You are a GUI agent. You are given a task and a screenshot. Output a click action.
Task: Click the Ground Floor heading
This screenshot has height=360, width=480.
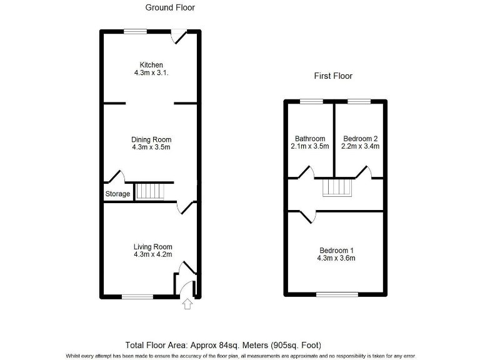pos(170,7)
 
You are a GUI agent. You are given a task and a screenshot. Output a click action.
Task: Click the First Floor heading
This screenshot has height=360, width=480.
pos(332,76)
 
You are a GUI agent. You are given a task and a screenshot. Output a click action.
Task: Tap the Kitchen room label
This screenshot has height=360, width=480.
pos(151,65)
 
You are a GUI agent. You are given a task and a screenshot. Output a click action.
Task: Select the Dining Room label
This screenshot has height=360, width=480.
pos(151,139)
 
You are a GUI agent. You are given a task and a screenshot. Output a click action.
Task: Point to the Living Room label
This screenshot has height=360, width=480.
pos(152,246)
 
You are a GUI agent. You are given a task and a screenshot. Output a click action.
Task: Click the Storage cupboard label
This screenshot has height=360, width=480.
pos(117,194)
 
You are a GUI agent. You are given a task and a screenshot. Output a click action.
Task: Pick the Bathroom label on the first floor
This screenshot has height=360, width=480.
pos(310,139)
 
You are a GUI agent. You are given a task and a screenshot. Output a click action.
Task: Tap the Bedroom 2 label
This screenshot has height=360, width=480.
pos(360,139)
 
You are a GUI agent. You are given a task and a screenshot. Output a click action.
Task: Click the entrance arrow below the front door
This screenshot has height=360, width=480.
pos(187,304)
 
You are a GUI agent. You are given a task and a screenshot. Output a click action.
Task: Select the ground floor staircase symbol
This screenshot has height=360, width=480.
pos(149,191)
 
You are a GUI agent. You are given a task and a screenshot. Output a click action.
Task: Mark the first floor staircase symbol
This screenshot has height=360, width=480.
pos(337,187)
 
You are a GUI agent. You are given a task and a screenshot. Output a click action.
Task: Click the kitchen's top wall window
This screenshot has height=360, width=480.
pos(135,31)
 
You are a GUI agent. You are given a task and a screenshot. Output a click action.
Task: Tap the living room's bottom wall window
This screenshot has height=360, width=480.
pos(137,296)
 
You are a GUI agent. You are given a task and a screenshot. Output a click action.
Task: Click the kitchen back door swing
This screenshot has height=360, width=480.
pos(180,37)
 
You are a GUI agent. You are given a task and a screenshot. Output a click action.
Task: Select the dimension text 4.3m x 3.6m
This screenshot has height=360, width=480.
pos(336,258)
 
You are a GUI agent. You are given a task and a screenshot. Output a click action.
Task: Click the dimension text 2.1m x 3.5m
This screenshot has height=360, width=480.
pos(310,147)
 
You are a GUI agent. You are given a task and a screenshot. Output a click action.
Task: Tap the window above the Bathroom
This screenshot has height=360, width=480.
pos(311,101)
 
